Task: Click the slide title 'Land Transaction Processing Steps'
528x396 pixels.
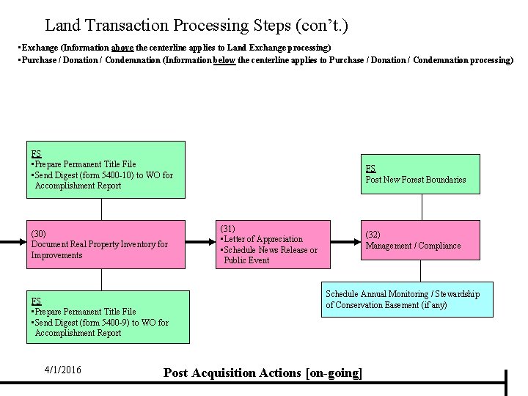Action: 196,26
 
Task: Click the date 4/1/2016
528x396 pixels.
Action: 62,370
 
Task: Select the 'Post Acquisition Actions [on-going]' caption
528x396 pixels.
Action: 263,373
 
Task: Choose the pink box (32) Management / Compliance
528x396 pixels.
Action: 419,240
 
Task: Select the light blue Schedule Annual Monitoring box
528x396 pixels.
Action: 407,299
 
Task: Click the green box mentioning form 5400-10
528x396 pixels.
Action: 106,169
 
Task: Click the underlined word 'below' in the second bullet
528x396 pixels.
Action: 224,60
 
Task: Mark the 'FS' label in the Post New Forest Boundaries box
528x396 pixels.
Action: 370,169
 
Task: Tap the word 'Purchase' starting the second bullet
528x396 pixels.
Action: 39,60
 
